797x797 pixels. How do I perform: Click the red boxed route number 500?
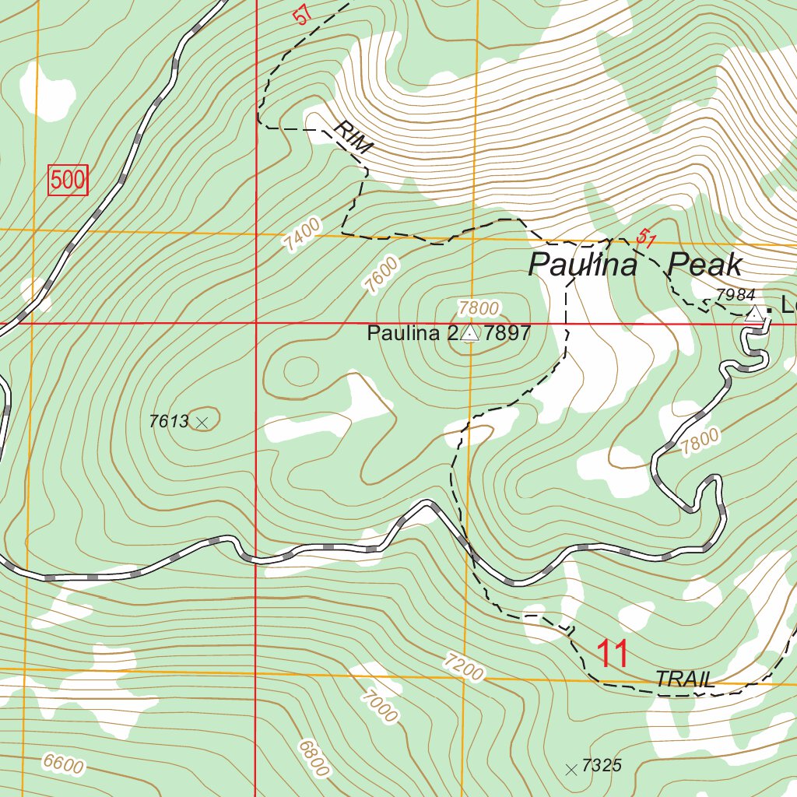tap(68, 181)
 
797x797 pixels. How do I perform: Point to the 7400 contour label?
tap(302, 234)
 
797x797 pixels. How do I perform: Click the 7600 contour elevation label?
tap(382, 275)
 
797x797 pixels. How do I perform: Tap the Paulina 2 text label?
tap(413, 334)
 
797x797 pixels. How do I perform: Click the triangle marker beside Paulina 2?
tap(470, 334)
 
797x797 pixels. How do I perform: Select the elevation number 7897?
tap(507, 334)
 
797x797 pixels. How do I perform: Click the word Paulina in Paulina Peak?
tap(583, 265)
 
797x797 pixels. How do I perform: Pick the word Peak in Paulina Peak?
tap(706, 265)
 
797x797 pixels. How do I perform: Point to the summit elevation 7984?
tap(735, 295)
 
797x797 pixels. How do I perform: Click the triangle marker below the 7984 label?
tap(754, 314)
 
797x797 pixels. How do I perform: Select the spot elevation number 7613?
tap(169, 422)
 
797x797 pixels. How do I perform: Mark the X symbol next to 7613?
tap(203, 423)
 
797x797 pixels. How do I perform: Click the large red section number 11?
tap(613, 655)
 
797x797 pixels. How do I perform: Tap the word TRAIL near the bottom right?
tap(685, 679)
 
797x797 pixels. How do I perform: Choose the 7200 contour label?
tap(463, 667)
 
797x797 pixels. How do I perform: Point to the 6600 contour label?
tap(63, 765)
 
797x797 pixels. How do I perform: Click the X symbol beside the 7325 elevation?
tap(571, 770)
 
